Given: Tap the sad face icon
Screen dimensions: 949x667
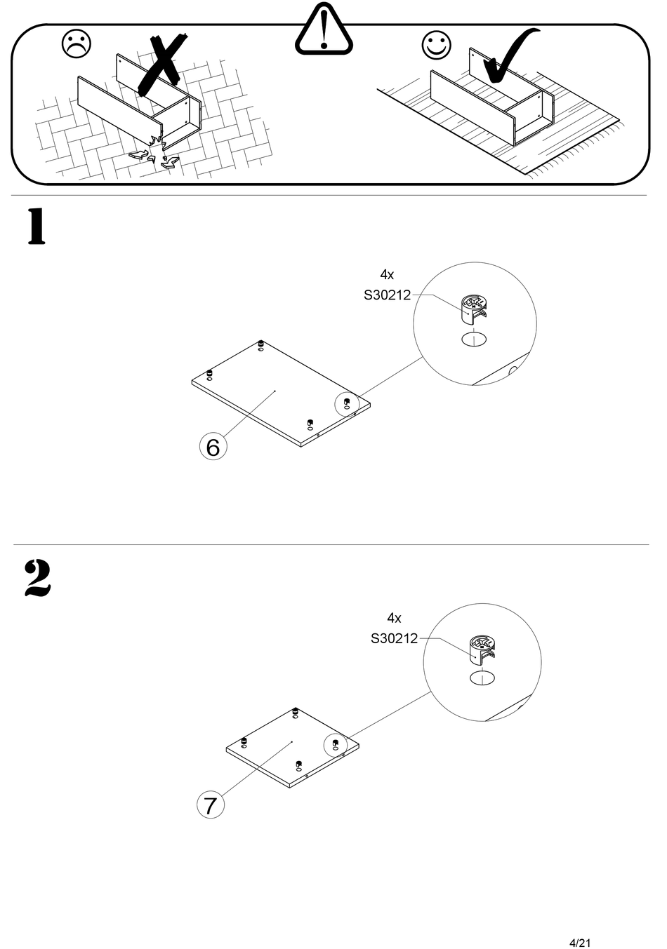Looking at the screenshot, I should click(77, 43).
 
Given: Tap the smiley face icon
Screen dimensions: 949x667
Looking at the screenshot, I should click(436, 45).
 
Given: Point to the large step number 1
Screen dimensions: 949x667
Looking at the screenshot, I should click(36, 227).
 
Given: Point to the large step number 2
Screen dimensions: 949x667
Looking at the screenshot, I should click(37, 578).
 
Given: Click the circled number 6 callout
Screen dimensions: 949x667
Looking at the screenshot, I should click(213, 446).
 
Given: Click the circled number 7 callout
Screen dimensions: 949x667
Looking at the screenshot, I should click(210, 805).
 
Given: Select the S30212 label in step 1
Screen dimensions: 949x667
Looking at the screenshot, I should click(387, 295).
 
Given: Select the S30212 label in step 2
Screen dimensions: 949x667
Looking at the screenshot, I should click(394, 639).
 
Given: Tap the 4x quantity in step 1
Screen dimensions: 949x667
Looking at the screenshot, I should click(387, 274).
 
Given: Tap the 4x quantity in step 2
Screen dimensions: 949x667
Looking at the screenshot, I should click(394, 618).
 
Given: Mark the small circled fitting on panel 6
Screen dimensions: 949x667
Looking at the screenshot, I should click(347, 404).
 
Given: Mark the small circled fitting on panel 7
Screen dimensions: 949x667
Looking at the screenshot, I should click(335, 744).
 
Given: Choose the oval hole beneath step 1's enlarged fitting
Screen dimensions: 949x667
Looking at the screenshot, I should click(474, 340).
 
